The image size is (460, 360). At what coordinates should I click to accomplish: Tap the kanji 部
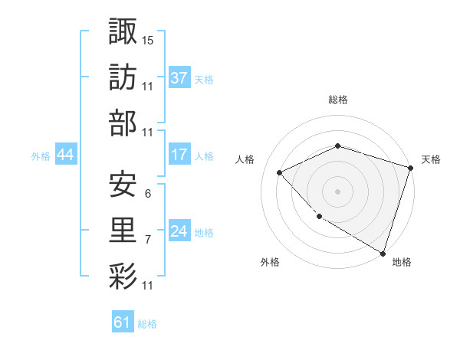click(x=123, y=123)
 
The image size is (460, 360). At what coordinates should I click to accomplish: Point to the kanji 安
click(x=123, y=184)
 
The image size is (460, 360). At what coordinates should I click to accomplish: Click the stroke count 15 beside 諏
click(x=148, y=40)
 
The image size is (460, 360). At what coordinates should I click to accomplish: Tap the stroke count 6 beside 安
click(x=147, y=194)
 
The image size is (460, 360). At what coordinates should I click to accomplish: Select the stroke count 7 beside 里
click(x=147, y=240)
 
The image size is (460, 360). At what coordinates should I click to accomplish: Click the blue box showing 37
click(x=179, y=78)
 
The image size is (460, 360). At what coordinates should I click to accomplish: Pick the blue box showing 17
click(x=179, y=155)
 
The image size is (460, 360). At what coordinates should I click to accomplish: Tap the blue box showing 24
click(x=179, y=232)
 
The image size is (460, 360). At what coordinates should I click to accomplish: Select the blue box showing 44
click(x=66, y=155)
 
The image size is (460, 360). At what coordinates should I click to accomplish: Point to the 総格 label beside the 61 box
click(x=147, y=324)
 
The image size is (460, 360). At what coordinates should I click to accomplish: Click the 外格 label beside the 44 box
click(x=41, y=156)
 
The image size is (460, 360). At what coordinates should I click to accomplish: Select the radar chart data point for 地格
click(x=383, y=252)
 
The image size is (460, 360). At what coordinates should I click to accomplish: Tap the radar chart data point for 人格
click(x=280, y=172)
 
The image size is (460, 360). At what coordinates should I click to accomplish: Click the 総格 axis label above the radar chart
click(x=338, y=100)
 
